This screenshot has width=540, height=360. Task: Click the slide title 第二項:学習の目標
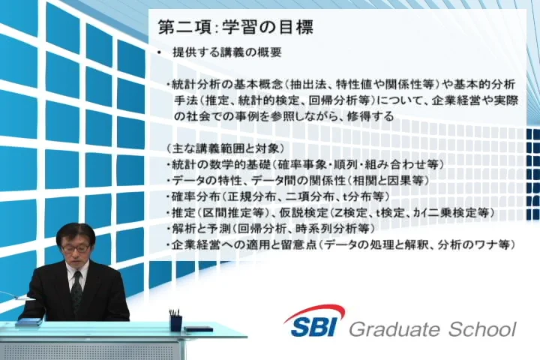coord(235,28)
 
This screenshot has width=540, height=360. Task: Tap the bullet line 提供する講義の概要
coord(227,52)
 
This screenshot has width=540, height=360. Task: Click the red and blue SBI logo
coord(314,321)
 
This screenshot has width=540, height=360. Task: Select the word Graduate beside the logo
coord(396,329)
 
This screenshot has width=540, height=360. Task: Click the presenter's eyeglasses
coord(76,247)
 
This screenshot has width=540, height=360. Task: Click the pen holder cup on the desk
coord(175,323)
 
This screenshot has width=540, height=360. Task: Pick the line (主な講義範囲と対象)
coord(225,148)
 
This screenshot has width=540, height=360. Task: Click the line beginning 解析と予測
coord(270,229)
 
